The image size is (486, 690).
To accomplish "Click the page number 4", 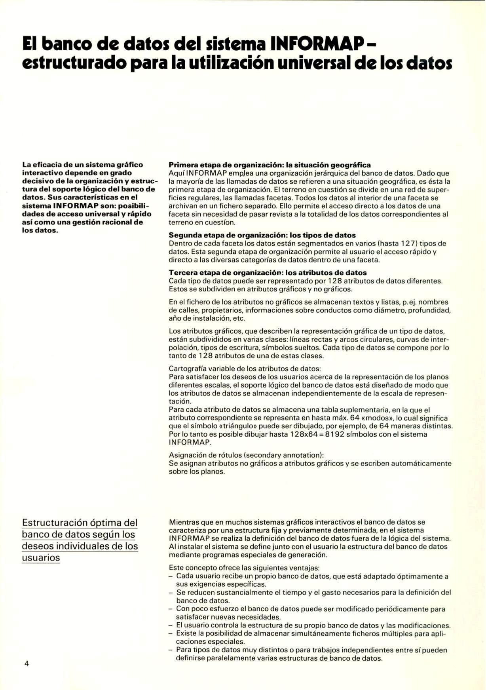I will click(x=27, y=663).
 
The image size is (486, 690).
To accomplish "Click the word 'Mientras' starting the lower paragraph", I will click(x=184, y=522).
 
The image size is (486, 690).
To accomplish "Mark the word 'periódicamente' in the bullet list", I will click(x=400, y=609).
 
